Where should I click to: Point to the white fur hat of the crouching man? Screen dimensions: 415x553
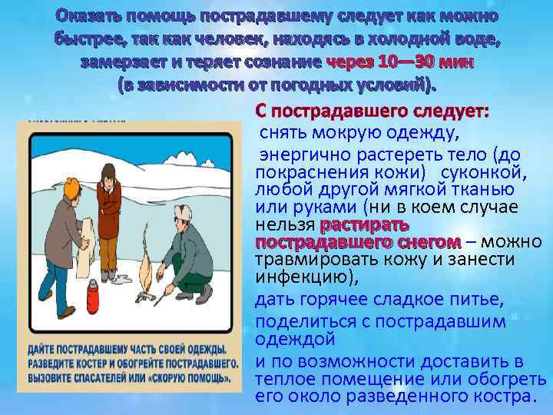point(183,212)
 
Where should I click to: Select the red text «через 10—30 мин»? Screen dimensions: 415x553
point(399,62)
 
